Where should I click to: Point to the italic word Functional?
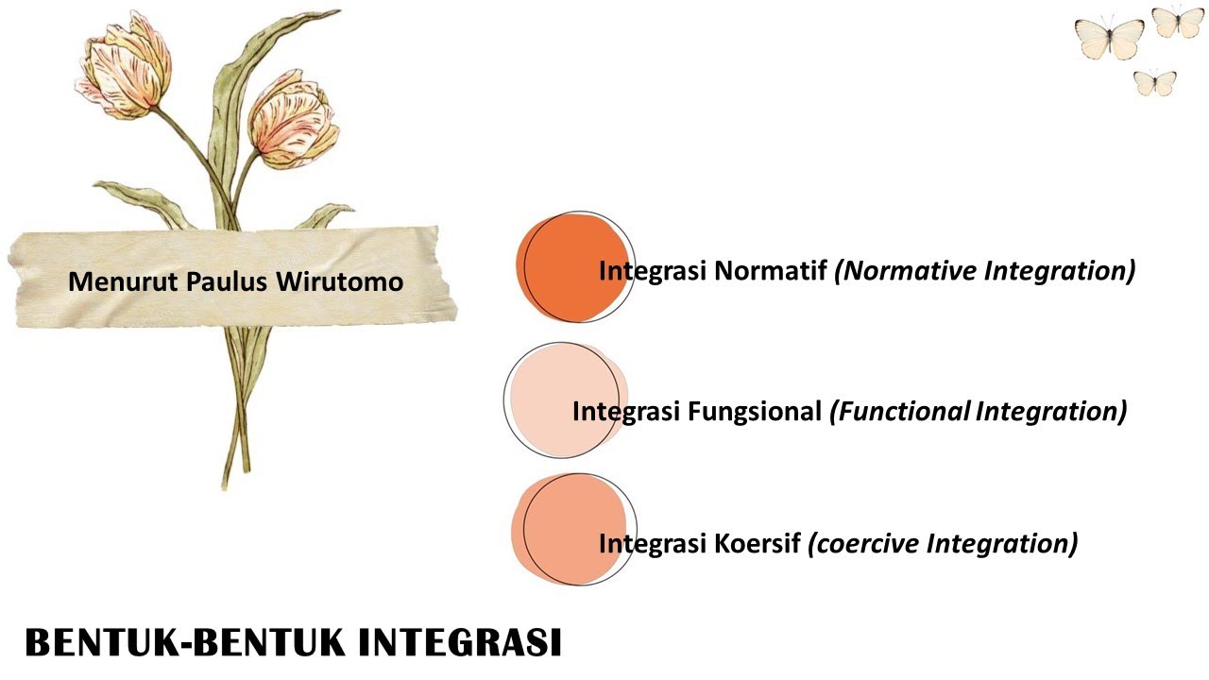[x=899, y=413]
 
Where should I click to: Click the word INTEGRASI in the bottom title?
[x=461, y=642]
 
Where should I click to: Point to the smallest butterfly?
[x=1154, y=83]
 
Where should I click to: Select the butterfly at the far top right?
[x=1178, y=21]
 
